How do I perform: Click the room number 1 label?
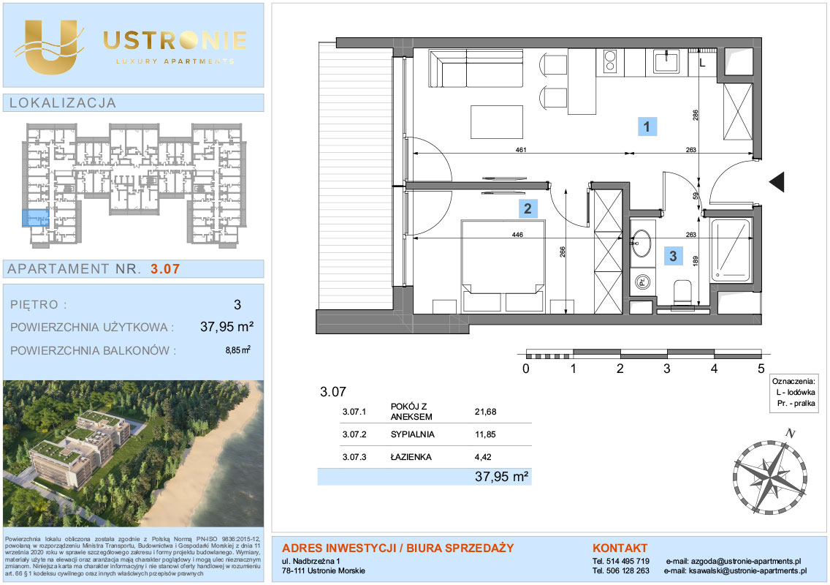pos(647,127)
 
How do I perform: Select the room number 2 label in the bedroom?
pos(528,208)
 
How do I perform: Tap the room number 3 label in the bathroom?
pos(674,257)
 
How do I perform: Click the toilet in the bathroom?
pos(682,293)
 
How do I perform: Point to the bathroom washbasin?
pos(641,244)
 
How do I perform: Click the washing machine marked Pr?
pos(642,282)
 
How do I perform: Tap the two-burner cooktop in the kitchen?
pos(610,61)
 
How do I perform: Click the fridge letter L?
pos(702,64)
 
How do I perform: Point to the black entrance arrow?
pos(777,182)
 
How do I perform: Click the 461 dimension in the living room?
pos(521,150)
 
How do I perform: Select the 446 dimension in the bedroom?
pos(518,235)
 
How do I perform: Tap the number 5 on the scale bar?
pos(761,369)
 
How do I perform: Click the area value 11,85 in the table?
pos(485,434)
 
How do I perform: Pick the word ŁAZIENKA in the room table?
pos(411,457)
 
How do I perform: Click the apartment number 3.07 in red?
pos(165,269)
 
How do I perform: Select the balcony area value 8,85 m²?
pos(237,350)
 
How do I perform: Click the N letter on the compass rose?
pos(791,434)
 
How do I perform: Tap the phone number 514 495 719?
pos(628,561)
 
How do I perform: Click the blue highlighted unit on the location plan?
pos(36,218)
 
